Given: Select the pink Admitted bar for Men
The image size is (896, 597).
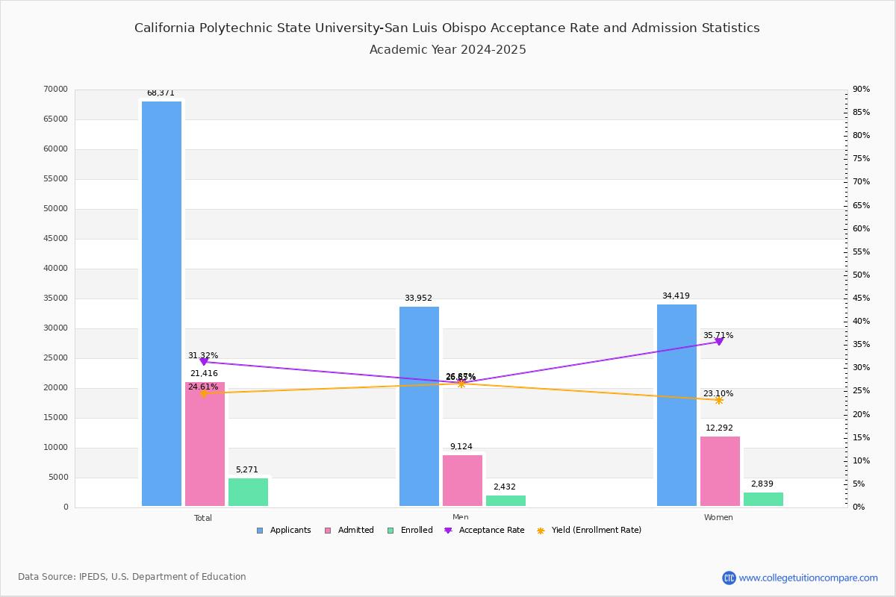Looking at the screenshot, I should point(462,481).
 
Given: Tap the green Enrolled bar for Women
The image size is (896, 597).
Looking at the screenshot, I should point(763,499).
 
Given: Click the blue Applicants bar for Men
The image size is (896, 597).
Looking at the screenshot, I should point(419,407).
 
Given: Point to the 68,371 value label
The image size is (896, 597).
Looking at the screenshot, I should point(161,93).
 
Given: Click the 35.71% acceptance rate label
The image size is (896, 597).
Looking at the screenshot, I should point(718,335).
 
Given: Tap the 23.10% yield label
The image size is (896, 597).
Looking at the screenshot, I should point(718,393).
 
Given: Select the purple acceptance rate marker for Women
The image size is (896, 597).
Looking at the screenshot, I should point(719,342).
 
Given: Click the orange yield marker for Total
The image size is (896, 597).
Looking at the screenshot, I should point(204,393).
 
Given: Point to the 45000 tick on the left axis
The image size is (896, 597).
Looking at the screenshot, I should point(55,239).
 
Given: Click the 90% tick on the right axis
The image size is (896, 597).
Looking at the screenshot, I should point(861,90).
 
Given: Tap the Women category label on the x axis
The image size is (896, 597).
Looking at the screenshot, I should point(718,517).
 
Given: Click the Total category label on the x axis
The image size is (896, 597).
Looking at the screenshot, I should point(203,517).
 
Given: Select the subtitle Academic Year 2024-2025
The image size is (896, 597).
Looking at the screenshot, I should point(447,50).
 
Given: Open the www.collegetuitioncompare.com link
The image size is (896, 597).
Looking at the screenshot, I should point(808,578).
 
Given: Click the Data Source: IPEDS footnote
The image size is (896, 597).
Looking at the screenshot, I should point(132,577).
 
